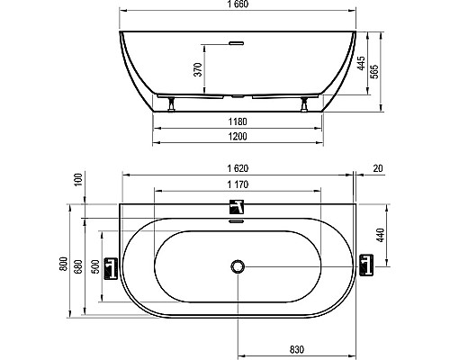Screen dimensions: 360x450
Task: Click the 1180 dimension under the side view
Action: click(x=238, y=121)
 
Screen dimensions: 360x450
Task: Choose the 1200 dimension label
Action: click(x=238, y=136)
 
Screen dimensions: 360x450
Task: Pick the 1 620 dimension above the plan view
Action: click(x=238, y=168)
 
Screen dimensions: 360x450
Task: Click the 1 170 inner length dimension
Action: click(x=238, y=184)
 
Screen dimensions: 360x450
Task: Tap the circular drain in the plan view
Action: click(x=238, y=266)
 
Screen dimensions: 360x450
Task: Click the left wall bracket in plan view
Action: click(x=111, y=267)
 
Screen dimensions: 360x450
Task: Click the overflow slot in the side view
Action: click(x=238, y=40)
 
